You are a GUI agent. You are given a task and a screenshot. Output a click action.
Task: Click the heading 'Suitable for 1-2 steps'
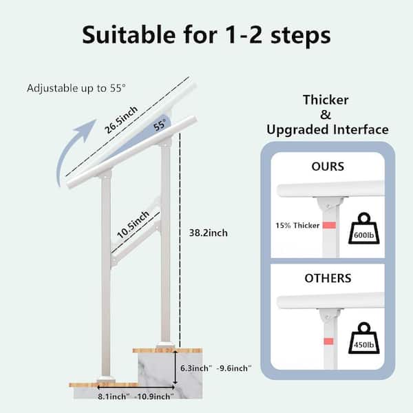coord(206,35)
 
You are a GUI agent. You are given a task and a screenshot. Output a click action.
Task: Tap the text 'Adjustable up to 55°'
coord(76,88)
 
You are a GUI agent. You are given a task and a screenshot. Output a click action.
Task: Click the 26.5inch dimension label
coord(121,120)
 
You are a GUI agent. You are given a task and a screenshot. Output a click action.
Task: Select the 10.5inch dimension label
coord(133,224)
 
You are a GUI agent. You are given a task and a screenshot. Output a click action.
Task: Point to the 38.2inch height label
coord(209,233)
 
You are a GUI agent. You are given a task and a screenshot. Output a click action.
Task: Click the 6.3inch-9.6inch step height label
coord(215,368)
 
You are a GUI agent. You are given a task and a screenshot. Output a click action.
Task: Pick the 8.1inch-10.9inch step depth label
coord(136,396)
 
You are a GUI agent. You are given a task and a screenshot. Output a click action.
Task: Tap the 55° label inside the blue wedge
coord(160,125)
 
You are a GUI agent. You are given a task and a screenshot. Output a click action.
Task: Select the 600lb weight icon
coord(363,229)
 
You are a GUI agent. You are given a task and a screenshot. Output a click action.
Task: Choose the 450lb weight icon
coord(363,338)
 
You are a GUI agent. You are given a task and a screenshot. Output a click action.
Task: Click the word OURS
coord(328,167)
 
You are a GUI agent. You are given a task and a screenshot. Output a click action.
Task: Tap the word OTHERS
coord(328,278)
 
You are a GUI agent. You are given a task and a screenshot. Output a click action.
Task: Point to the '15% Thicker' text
coord(297,226)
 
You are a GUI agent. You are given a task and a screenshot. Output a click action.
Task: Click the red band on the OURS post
coord(329,225)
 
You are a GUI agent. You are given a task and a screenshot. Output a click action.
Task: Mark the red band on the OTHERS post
coord(328,341)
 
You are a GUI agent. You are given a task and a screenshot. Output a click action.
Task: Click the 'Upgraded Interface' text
coord(328,129)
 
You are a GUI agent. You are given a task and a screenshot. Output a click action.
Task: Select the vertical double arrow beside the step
coord(175,368)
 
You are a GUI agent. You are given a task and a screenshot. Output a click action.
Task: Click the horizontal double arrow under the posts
coord(136,388)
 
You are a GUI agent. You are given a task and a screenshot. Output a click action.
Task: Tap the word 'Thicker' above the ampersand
coord(326,100)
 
